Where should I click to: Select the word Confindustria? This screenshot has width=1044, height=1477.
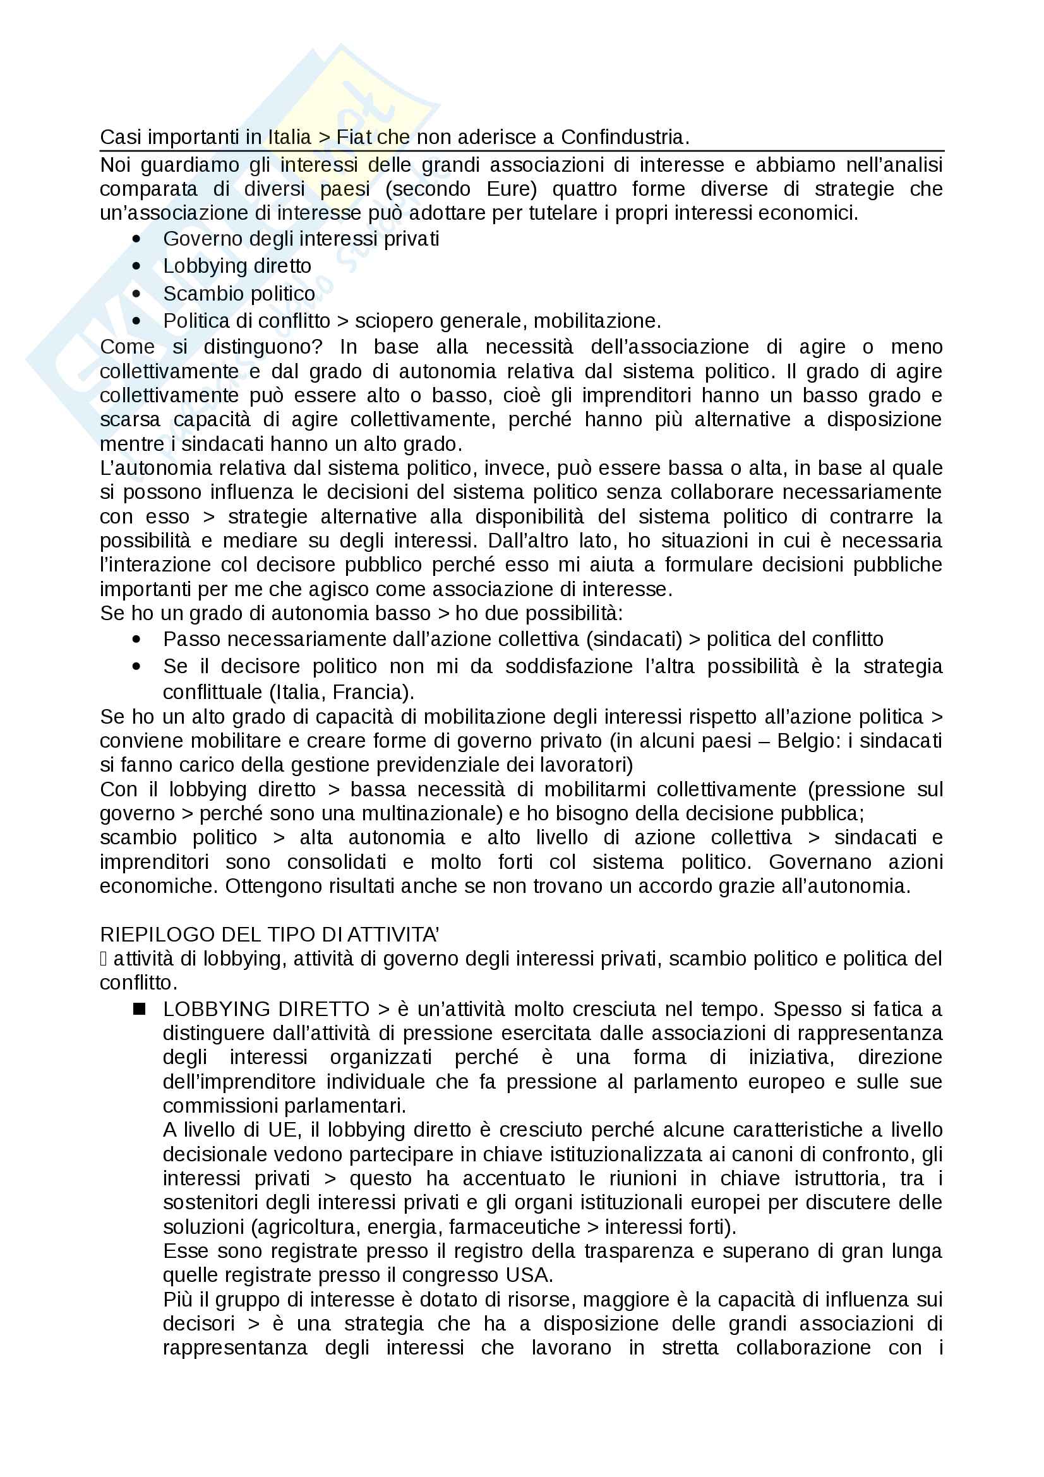[x=624, y=137]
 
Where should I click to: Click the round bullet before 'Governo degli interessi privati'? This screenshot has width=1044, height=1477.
[x=136, y=239]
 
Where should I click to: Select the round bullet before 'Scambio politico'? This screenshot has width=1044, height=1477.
[x=136, y=294]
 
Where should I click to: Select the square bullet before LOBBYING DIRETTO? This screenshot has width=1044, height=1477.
[x=139, y=1009]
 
